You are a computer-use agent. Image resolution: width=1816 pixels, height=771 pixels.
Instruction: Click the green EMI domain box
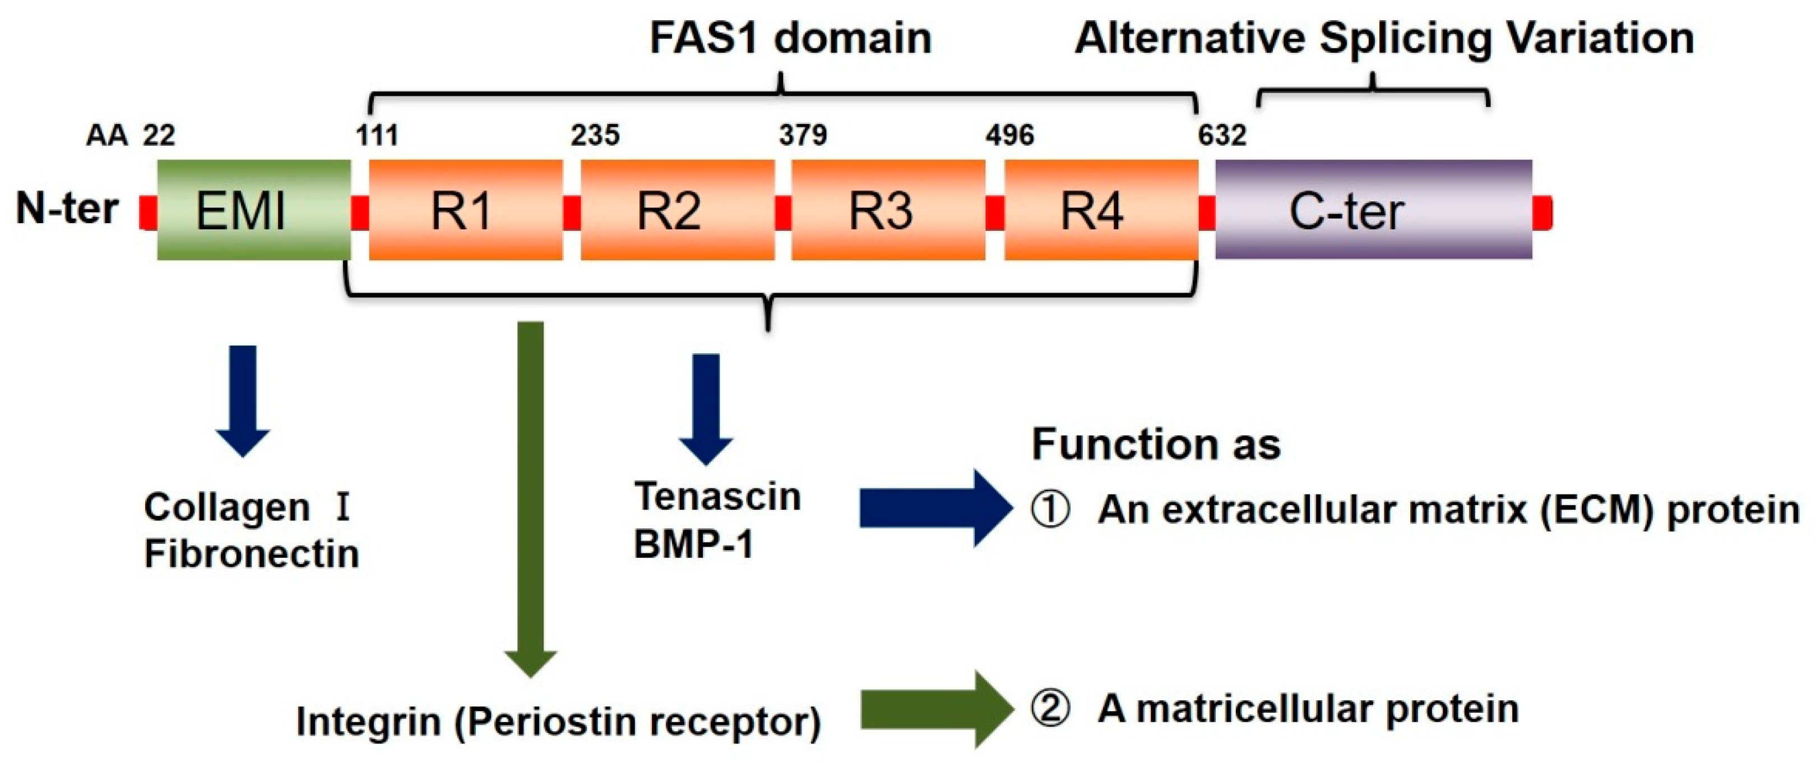(254, 210)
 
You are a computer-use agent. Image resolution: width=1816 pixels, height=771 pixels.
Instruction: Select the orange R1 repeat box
(465, 210)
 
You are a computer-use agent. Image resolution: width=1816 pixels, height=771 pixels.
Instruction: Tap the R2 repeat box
(677, 210)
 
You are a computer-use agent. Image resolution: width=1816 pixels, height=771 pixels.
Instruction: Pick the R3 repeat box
(888, 210)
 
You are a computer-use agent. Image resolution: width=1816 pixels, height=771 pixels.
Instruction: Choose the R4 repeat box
(1100, 210)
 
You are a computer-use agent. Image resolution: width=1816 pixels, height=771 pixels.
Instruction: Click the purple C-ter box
(1373, 210)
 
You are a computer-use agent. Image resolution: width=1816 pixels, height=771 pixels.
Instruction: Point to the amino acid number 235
(595, 135)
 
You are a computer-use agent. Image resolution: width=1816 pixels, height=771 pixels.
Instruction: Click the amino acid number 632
(1222, 135)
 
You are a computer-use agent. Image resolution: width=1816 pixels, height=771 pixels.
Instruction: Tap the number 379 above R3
(802, 135)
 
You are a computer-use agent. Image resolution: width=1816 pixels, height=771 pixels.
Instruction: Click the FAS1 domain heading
(790, 38)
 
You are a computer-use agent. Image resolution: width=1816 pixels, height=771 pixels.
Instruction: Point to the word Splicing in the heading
(1405, 38)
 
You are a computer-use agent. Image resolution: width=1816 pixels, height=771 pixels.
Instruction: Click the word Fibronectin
(252, 554)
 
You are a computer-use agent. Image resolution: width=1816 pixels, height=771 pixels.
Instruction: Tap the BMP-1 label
(694, 544)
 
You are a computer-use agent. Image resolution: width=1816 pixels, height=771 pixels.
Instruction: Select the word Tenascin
(717, 497)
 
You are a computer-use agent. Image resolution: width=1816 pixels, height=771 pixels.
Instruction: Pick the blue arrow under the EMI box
(243, 399)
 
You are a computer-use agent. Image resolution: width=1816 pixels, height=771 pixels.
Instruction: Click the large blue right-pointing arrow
(934, 508)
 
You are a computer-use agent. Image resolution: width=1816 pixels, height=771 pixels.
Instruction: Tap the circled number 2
(1050, 709)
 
